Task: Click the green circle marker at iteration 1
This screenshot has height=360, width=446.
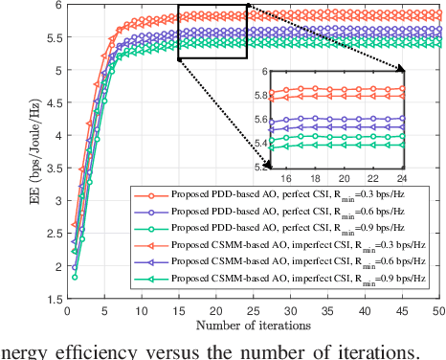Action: pos(74,277)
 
